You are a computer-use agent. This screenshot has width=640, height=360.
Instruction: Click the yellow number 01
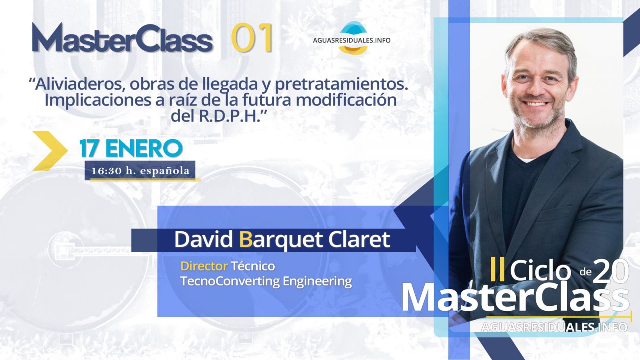pyautogui.click(x=252, y=38)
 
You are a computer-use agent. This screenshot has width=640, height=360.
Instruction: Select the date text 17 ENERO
pyautogui.click(x=131, y=148)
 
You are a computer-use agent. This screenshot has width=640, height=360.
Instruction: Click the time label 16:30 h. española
pyautogui.click(x=140, y=171)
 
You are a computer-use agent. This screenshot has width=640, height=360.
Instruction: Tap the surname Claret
pyautogui.click(x=359, y=239)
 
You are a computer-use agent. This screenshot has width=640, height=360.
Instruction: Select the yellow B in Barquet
pyautogui.click(x=246, y=239)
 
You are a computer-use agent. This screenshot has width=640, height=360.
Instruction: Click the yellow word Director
pyautogui.click(x=204, y=266)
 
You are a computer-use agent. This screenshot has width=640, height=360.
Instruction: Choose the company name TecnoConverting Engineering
pyautogui.click(x=266, y=281)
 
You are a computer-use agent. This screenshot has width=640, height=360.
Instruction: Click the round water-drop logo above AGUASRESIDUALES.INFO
pyautogui.click(x=353, y=38)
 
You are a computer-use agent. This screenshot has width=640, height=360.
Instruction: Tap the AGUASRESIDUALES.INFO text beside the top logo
pyautogui.click(x=352, y=40)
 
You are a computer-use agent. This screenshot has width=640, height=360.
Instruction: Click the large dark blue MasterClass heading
pyautogui.click(x=122, y=38)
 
